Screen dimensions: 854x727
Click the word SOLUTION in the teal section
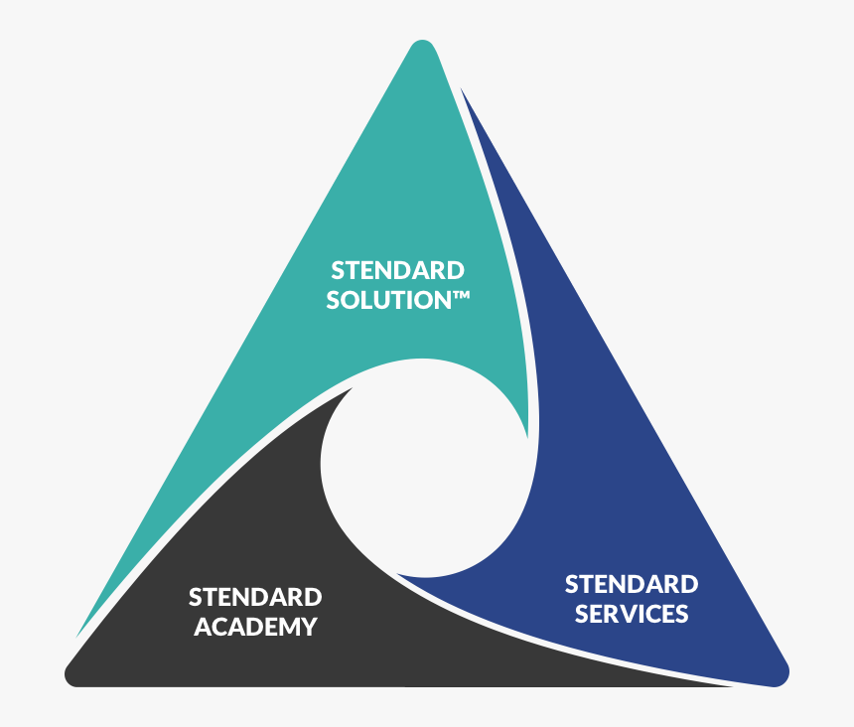coord(389,300)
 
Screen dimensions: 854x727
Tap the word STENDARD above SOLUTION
coord(397,271)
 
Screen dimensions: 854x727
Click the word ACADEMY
coord(255,627)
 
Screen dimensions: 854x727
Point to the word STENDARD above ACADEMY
coord(255,598)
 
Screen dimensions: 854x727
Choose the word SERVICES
coord(632,614)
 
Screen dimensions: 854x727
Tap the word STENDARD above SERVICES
coord(632,584)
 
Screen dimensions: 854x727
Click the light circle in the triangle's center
coord(426,467)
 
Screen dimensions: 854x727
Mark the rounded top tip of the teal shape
coord(422,42)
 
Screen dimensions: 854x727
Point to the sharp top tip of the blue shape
coord(461,88)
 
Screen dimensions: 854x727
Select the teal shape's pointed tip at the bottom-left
coord(76,637)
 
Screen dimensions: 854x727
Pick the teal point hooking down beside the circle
coord(527,437)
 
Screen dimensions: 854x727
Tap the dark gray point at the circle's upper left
coord(352,388)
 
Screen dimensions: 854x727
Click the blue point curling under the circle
coord(397,574)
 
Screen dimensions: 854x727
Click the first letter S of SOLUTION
coord(333,300)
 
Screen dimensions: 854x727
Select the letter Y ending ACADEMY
coord(310,627)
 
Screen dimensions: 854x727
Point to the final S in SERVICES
coord(682,614)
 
